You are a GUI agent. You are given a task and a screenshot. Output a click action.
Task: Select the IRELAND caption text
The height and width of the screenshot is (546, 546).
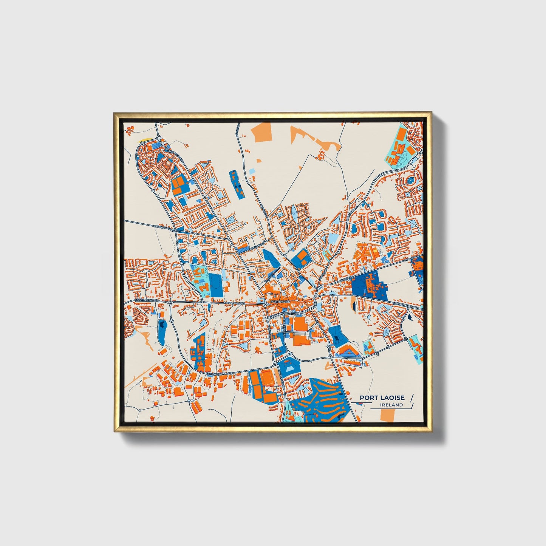(x=392, y=405)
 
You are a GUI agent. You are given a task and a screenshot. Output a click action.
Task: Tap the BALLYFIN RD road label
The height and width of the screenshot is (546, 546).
(x=163, y=227)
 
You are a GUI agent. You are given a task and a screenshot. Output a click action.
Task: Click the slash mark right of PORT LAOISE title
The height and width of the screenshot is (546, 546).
(x=411, y=398)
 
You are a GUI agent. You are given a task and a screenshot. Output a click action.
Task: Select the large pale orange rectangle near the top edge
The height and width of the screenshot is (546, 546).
(x=263, y=132)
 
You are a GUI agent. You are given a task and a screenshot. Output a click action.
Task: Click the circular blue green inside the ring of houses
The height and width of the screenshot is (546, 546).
(x=410, y=181)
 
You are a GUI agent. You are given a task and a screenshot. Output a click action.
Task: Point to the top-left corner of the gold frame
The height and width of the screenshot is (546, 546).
(x=115, y=113)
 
